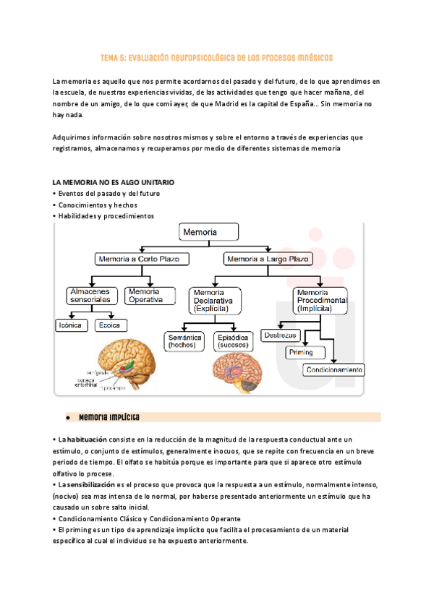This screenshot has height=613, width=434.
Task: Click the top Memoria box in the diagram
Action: [208, 232]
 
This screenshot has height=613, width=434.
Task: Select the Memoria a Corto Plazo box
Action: [142, 258]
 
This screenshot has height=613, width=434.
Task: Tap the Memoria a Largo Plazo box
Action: [268, 258]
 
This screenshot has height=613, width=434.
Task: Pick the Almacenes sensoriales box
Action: [90, 295]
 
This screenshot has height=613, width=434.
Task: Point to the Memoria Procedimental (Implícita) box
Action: [321, 299]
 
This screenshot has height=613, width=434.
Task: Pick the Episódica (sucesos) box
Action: [232, 340]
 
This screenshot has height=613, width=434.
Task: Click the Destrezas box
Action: [281, 335]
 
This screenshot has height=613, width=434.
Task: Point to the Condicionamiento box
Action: [333, 369]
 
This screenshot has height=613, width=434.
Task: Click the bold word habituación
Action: [83, 439]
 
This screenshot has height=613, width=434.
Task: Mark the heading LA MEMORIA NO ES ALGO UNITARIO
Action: [114, 182]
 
